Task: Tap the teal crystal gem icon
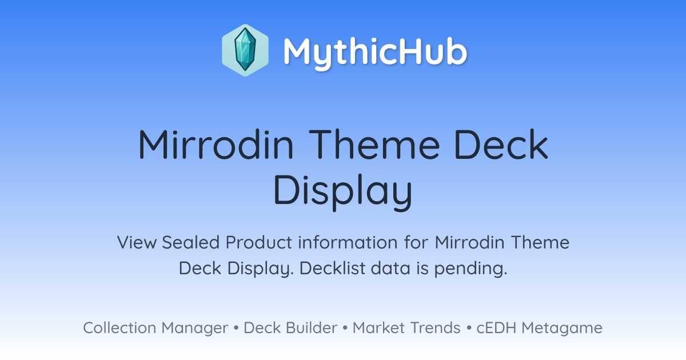point(245,50)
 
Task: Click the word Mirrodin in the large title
point(216,145)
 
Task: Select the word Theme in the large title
point(374,145)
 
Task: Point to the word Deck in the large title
point(501,145)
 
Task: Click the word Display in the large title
point(343,191)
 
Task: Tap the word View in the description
point(137,242)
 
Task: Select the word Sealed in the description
point(190,242)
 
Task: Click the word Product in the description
point(259,242)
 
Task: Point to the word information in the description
point(348,242)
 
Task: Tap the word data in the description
point(390,268)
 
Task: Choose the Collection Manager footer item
point(155,328)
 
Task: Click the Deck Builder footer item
point(290,327)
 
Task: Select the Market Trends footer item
point(406,327)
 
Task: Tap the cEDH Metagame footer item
point(539,328)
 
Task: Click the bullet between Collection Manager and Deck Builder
point(236,328)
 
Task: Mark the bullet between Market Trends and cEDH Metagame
point(469,328)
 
